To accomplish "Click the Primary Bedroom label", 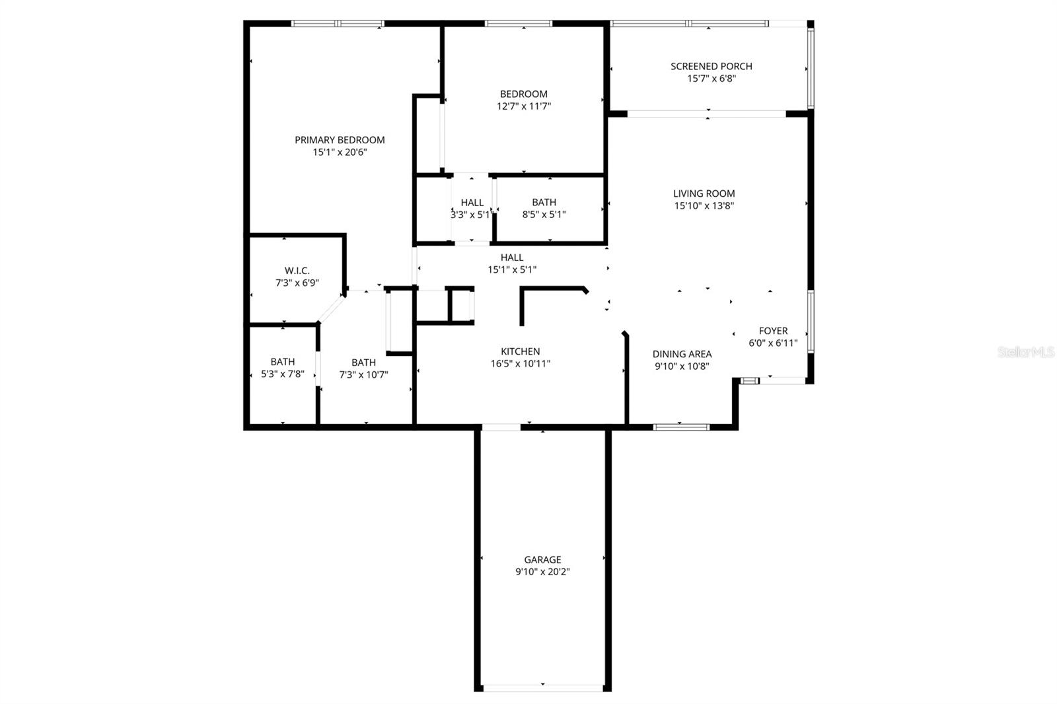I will click(340, 140).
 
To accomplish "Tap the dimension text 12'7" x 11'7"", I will click(524, 106).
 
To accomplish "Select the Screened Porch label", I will click(711, 66).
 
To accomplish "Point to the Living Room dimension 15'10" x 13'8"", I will click(704, 205).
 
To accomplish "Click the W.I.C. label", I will click(297, 271).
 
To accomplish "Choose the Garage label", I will click(542, 559).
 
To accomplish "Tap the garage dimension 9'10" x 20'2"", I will click(542, 572).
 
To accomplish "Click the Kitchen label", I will click(521, 351).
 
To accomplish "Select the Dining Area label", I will click(682, 354).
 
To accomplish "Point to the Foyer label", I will click(773, 331).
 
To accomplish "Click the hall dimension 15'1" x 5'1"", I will click(512, 269).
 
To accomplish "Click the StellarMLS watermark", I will click(1026, 352).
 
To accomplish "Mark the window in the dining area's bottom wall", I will click(681, 427).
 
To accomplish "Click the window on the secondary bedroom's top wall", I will click(519, 24).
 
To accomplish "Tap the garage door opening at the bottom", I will click(542, 688).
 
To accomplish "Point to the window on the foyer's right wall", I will click(811, 321).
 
